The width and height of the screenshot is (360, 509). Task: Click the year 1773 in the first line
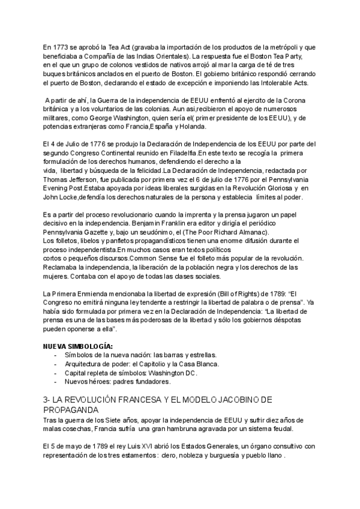(62, 47)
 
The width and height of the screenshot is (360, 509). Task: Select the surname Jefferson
(89, 179)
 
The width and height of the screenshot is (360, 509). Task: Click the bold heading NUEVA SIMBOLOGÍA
(77, 346)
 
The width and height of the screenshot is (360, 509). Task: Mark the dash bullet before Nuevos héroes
(55, 381)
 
